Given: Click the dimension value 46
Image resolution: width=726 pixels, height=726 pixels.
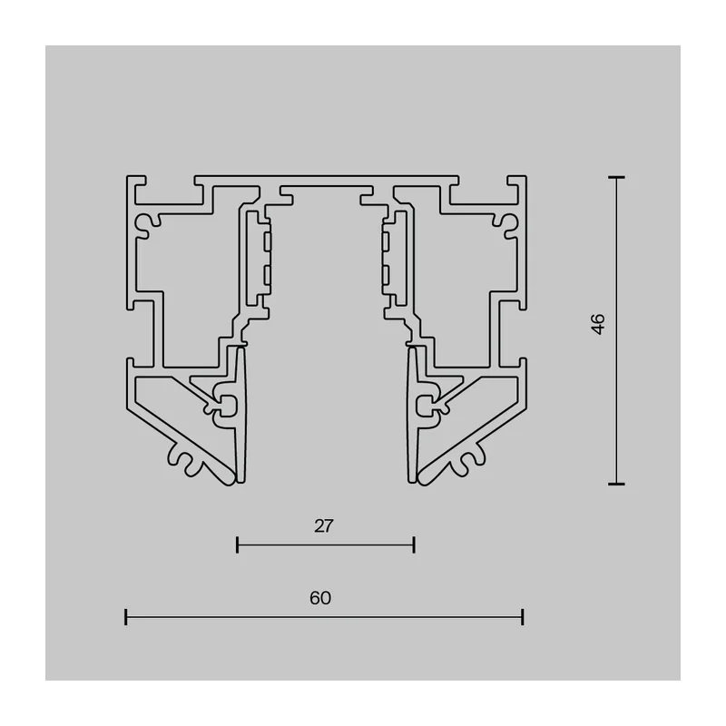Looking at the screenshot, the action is (598, 324).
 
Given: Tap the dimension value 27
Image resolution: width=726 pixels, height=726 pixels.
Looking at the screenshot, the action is (324, 526).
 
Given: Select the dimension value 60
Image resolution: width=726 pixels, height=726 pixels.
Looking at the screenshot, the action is (320, 598).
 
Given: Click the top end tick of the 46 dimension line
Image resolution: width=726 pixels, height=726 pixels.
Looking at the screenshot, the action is (616, 177).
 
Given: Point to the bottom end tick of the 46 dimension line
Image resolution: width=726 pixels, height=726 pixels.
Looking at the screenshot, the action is (616, 484).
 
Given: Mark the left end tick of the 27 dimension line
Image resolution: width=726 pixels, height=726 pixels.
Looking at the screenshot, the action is (237, 545).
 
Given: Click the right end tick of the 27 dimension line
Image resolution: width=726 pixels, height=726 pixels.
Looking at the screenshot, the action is (414, 545).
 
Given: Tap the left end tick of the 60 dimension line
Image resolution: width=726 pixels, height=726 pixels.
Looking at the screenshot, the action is (126, 617).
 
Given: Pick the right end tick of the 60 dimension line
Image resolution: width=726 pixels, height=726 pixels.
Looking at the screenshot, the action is (523, 617).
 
